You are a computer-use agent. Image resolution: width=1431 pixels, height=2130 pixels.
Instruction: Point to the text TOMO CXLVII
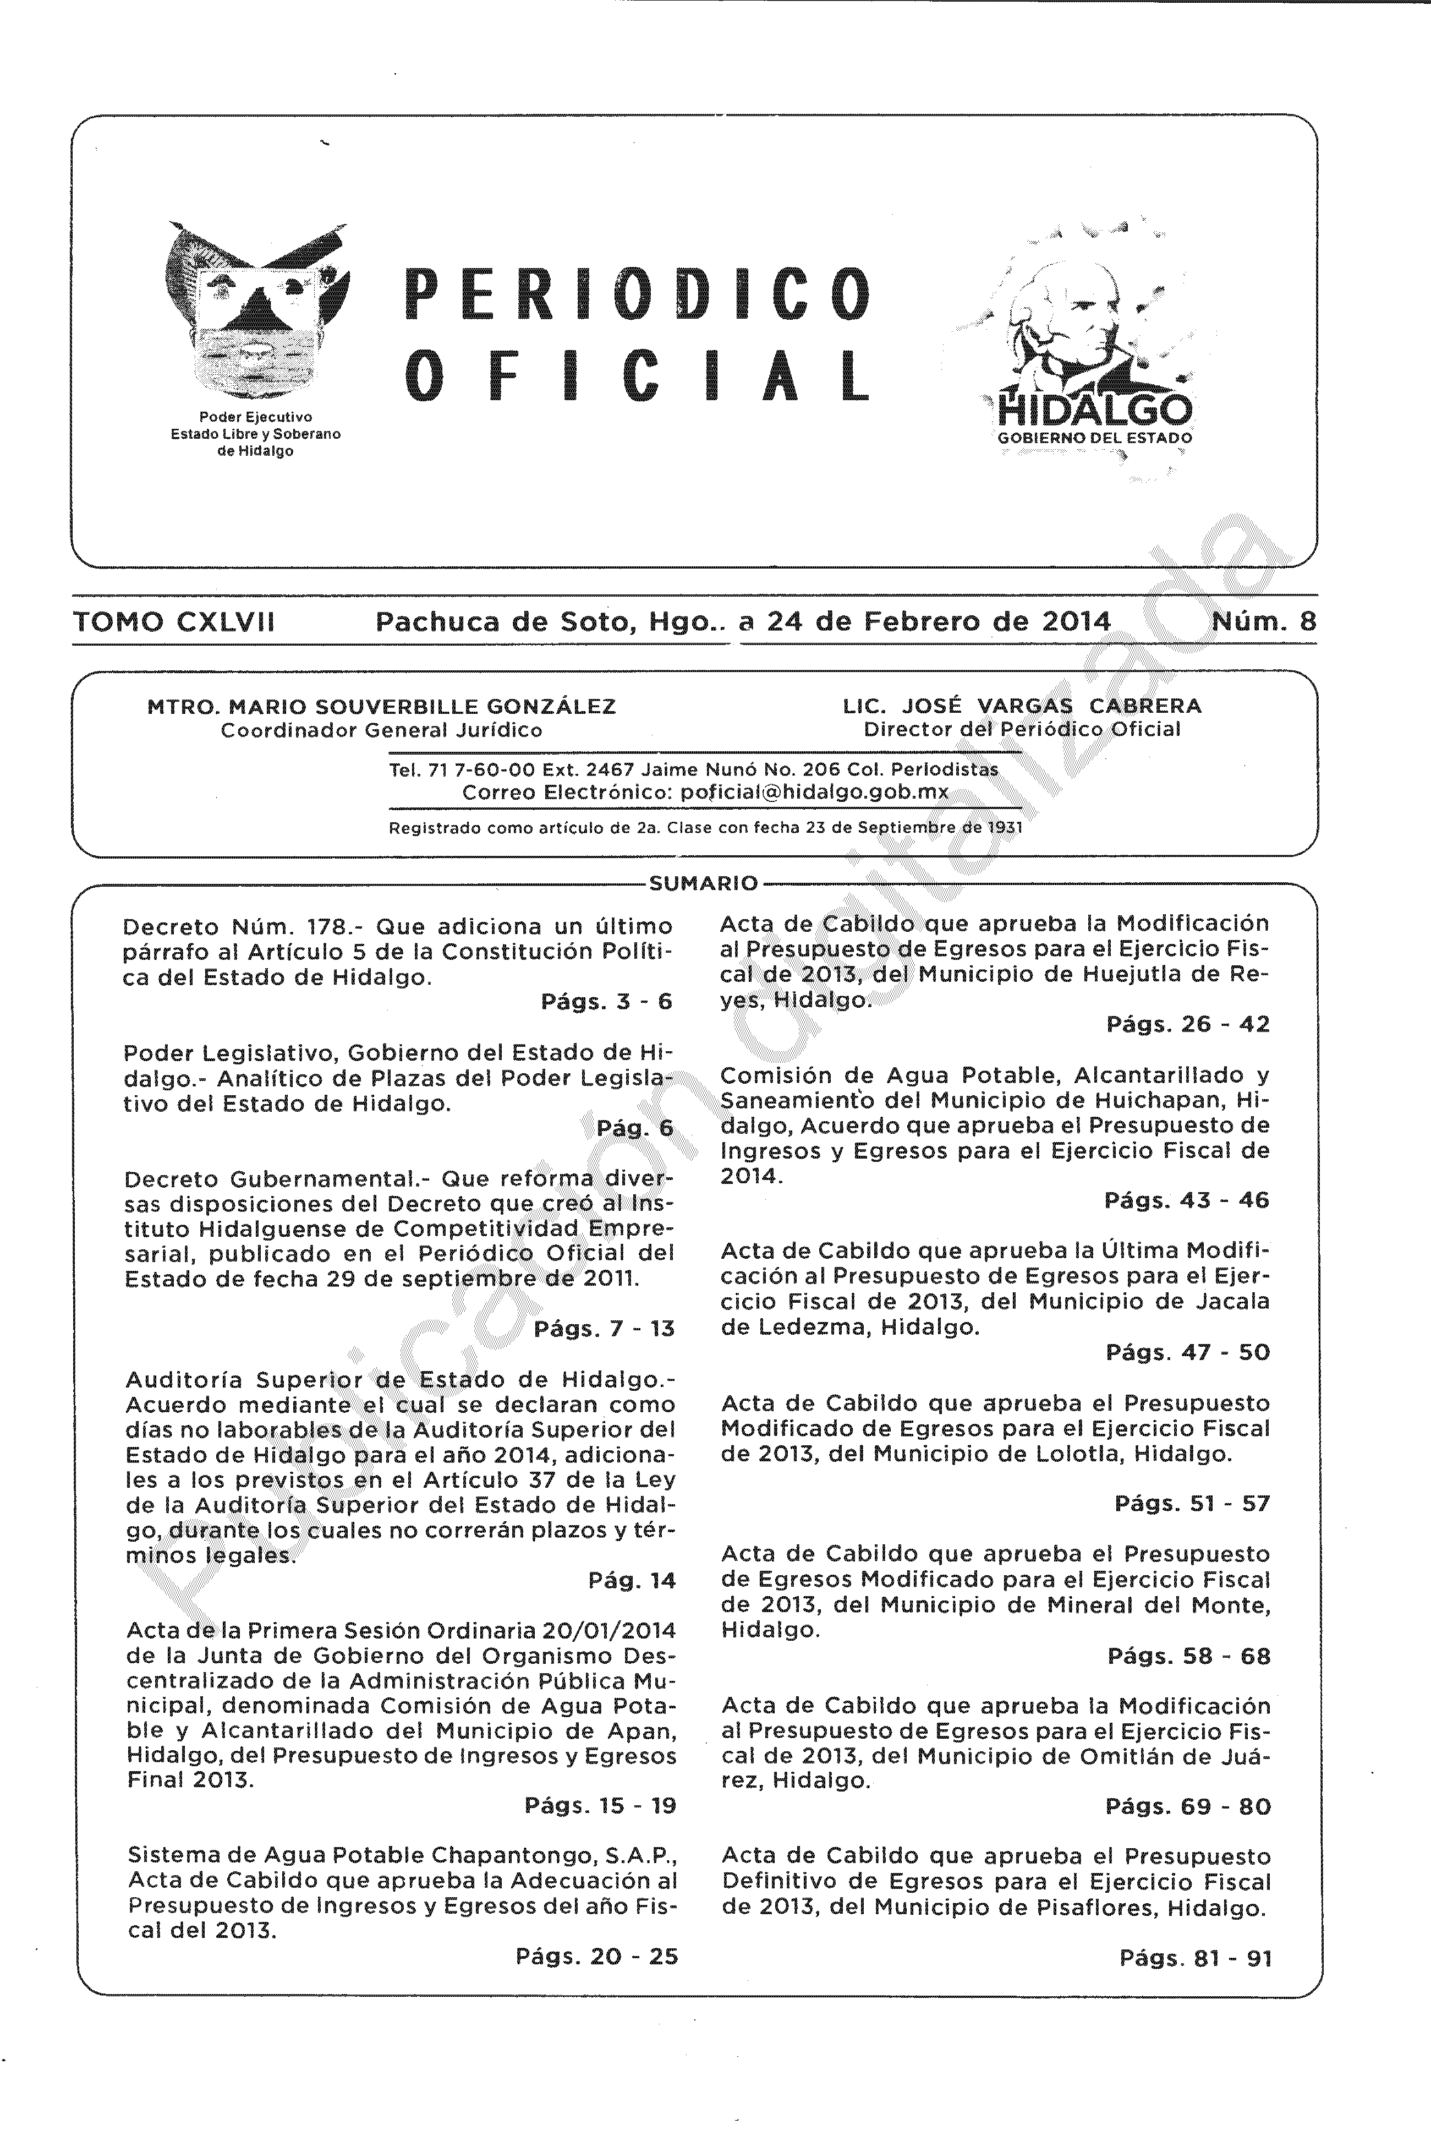pyautogui.click(x=173, y=622)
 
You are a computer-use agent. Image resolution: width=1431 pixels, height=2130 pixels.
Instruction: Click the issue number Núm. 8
pyautogui.click(x=1264, y=622)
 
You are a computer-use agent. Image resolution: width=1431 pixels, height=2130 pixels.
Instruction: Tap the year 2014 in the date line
pyautogui.click(x=1075, y=622)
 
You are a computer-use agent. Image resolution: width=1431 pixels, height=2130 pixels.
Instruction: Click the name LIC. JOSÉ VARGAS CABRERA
pyautogui.click(x=1022, y=706)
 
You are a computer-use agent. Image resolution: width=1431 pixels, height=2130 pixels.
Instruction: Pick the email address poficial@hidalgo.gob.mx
pyautogui.click(x=814, y=793)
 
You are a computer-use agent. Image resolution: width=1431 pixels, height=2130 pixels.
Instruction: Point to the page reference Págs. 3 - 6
pyautogui.click(x=606, y=1002)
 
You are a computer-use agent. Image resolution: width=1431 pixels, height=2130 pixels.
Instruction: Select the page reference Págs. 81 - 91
pyautogui.click(x=1194, y=1958)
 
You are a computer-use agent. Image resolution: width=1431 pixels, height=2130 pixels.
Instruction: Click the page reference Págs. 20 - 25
pyautogui.click(x=597, y=1957)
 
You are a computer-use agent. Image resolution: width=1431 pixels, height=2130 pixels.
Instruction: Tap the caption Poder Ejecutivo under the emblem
pyautogui.click(x=255, y=417)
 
